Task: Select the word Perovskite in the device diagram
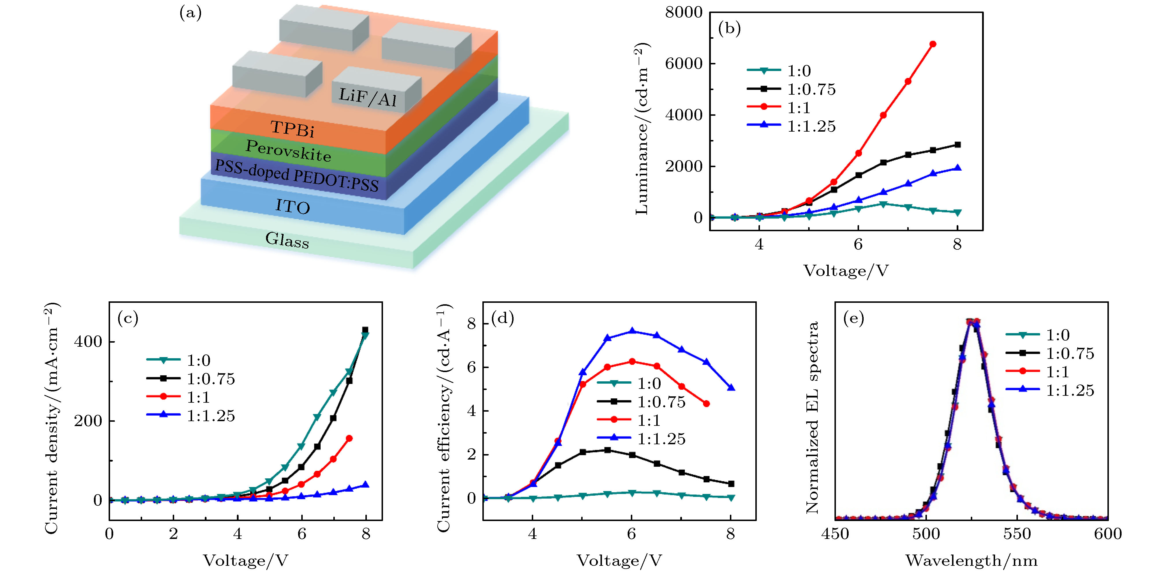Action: click(x=288, y=151)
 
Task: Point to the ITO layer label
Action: click(x=293, y=207)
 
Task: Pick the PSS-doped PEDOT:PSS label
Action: click(x=296, y=176)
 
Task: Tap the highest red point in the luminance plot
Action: click(x=933, y=44)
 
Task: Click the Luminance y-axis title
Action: click(x=642, y=128)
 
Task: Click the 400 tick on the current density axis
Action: click(x=88, y=342)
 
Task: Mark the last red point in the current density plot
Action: click(x=349, y=438)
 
